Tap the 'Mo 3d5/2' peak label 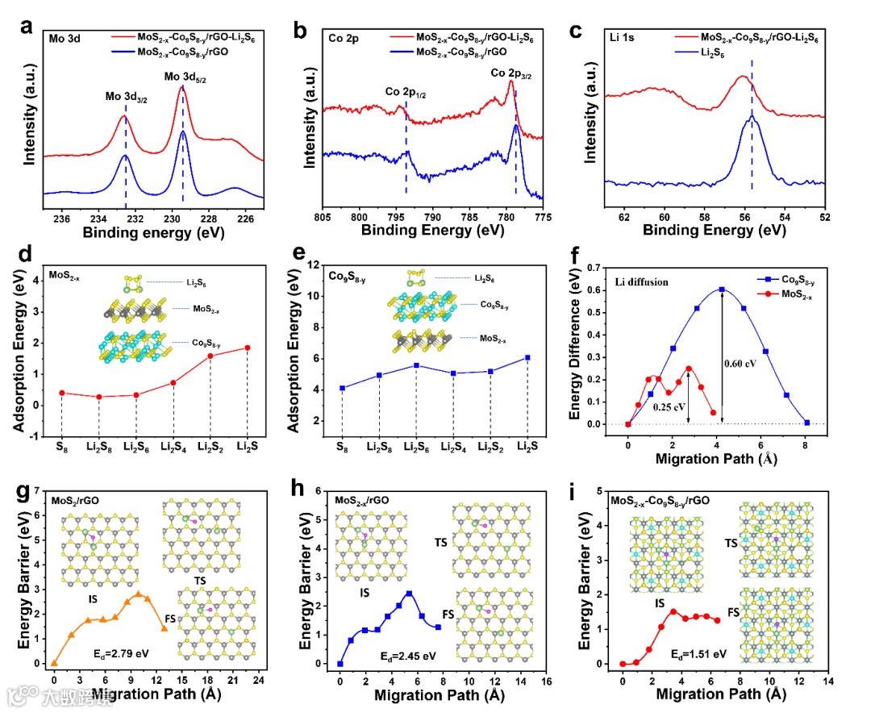(185, 77)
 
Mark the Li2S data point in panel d (247, 348)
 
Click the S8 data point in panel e (342, 388)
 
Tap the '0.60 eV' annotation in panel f (740, 363)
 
